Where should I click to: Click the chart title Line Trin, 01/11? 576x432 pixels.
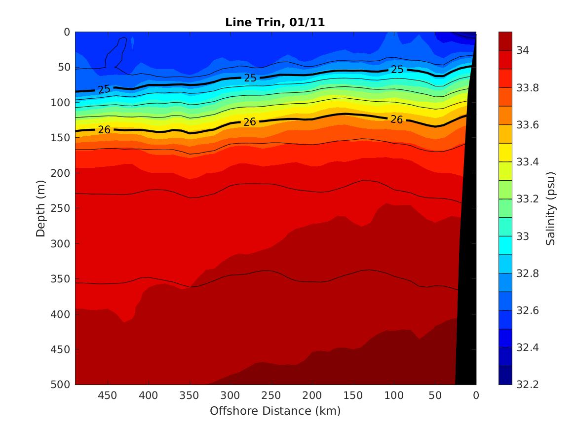(x=275, y=22)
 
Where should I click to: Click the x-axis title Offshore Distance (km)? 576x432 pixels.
(x=275, y=411)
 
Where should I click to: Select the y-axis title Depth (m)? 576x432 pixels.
(x=41, y=208)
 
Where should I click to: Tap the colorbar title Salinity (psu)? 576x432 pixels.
(x=551, y=208)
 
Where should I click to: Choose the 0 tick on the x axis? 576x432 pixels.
(x=476, y=395)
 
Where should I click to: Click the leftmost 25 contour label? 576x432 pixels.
(x=104, y=89)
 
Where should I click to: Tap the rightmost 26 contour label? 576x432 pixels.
(x=397, y=119)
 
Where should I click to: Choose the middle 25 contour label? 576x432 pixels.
(x=250, y=78)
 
